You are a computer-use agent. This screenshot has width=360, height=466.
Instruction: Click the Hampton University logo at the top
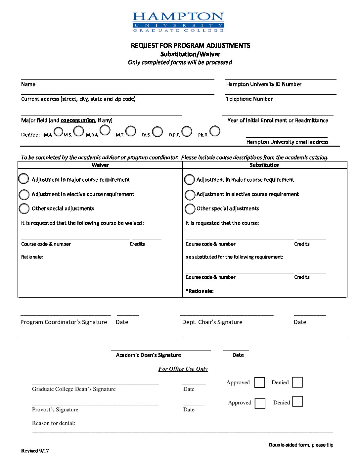tap(178, 22)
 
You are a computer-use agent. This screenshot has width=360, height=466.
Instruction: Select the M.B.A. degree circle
tap(105, 131)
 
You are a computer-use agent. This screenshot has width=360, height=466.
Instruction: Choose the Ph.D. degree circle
tap(215, 131)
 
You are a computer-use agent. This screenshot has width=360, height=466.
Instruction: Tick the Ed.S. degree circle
tap(157, 132)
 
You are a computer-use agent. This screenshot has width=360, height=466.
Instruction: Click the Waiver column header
tap(100, 165)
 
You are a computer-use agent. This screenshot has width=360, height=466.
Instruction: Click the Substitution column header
tap(264, 165)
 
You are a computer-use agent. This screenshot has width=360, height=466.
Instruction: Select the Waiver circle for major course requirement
tap(23, 179)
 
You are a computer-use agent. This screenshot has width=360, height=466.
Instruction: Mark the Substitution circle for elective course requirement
tap(190, 195)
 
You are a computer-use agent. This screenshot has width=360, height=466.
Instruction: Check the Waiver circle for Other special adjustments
tap(24, 209)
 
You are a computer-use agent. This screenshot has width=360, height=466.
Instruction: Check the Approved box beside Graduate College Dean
tap(260, 383)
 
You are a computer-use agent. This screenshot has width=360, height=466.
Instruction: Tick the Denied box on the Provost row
tap(298, 401)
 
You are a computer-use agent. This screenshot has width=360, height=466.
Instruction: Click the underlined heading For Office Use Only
tap(183, 369)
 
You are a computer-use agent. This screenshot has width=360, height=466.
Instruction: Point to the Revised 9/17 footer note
tap(35, 450)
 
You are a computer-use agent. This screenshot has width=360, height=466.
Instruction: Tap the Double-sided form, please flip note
tap(301, 445)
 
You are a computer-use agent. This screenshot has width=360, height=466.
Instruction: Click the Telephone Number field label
tap(249, 99)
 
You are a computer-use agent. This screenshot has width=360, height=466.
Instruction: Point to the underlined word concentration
tap(78, 120)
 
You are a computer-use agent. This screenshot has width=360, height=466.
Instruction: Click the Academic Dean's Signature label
tap(148, 355)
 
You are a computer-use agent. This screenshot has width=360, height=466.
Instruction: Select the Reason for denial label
tap(54, 423)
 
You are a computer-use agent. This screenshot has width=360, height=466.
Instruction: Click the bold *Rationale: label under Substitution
tap(200, 291)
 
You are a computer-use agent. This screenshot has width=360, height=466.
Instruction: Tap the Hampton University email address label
tap(287, 142)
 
